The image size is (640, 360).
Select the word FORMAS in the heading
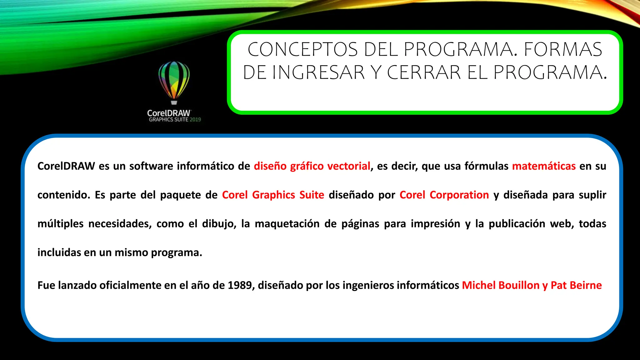tap(563, 50)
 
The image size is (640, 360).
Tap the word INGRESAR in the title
tap(318, 72)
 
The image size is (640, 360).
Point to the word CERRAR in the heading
tap(424, 72)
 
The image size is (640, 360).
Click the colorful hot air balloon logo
tap(174, 82)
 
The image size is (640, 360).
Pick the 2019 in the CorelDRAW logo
tap(195, 120)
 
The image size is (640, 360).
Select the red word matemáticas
tap(544, 166)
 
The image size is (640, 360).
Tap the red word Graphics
tap(273, 195)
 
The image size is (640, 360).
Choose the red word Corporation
tap(459, 195)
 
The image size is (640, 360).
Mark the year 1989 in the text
tap(240, 285)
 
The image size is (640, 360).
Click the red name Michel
tap(479, 285)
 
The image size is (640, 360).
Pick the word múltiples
tap(61, 224)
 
